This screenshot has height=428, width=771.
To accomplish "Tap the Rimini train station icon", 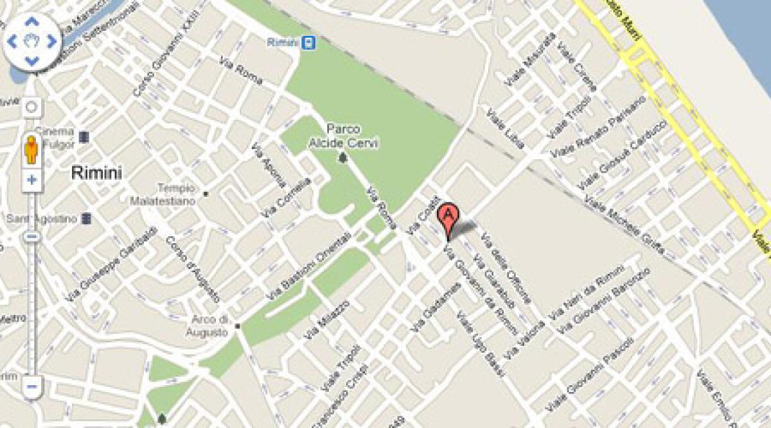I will pos(310,42).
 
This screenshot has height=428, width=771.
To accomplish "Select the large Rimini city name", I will pos(96,173).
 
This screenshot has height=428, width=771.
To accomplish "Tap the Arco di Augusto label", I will pos(207,326).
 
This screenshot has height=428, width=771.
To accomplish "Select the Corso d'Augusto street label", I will pos(193,270).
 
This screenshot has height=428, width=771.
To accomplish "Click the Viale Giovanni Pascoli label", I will pos(592,373).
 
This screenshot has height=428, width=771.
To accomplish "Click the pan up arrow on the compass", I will pos(31,22).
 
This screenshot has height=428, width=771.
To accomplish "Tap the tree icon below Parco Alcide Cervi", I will pos(343,157).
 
